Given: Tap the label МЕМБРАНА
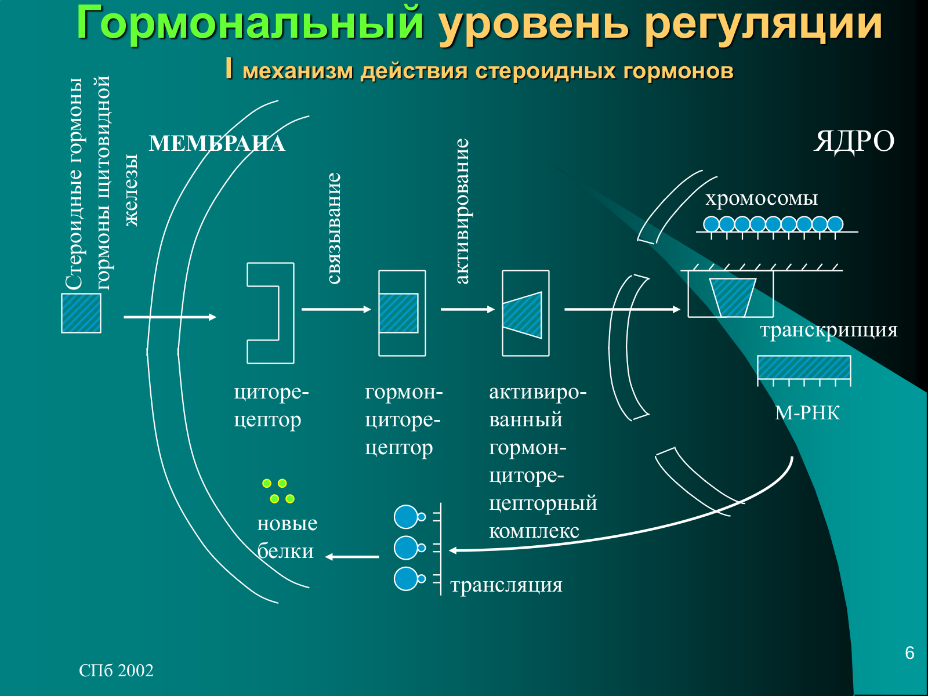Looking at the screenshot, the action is (x=217, y=144).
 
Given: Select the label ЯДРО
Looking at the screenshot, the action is (x=854, y=141).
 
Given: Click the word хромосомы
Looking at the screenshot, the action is (x=762, y=198).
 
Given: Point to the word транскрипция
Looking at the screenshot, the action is (x=829, y=330).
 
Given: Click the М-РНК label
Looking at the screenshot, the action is (x=807, y=412).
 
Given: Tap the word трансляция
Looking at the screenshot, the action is (x=506, y=585).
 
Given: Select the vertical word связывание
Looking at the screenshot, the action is (x=333, y=228).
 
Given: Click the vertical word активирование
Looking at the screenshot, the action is (x=462, y=211).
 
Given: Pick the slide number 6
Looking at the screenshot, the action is (x=910, y=653).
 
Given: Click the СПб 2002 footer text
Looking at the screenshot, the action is (x=116, y=670).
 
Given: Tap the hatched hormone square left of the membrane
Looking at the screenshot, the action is (x=81, y=313).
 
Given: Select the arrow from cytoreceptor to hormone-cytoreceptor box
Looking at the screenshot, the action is (x=336, y=309).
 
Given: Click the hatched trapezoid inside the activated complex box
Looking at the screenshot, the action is (x=522, y=316).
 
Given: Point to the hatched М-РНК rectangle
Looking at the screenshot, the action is (x=804, y=367).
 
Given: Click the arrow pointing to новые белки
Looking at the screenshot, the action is (x=351, y=557).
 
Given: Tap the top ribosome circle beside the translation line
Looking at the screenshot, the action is (x=406, y=517).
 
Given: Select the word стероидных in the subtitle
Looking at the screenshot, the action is (x=545, y=71).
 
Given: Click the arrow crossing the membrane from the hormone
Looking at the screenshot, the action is (x=170, y=317).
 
